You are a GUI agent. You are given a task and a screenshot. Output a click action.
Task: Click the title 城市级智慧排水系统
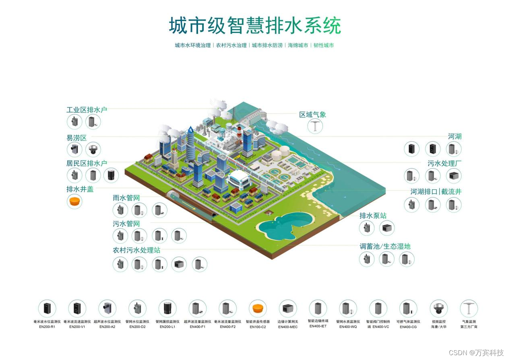254,26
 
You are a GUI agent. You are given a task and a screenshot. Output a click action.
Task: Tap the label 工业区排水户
87,109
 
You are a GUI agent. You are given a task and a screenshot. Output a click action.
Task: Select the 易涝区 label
76,138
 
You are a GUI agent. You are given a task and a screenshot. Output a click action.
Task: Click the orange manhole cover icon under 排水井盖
74,201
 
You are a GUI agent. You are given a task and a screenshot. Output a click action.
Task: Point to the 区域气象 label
312,115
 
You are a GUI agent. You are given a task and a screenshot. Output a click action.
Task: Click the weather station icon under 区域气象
315,126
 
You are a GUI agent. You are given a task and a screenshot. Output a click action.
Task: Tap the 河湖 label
454,136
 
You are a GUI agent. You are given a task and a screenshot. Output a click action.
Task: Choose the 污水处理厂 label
444,163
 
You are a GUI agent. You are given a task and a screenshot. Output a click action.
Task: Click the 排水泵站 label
373,216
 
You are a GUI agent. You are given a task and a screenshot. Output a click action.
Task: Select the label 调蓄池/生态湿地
385,246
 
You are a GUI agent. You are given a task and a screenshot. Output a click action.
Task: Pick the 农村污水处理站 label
136,250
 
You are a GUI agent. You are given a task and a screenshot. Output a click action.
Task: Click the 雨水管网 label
126,198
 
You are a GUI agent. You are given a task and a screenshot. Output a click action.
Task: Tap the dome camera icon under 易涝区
93,149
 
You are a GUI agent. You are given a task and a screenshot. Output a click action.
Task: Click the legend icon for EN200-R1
47,309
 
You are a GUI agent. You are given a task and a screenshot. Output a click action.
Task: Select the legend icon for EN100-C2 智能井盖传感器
258,309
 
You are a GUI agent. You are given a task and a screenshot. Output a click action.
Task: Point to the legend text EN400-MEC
288,327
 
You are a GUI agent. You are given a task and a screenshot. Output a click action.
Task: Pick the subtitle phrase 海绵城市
298,45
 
